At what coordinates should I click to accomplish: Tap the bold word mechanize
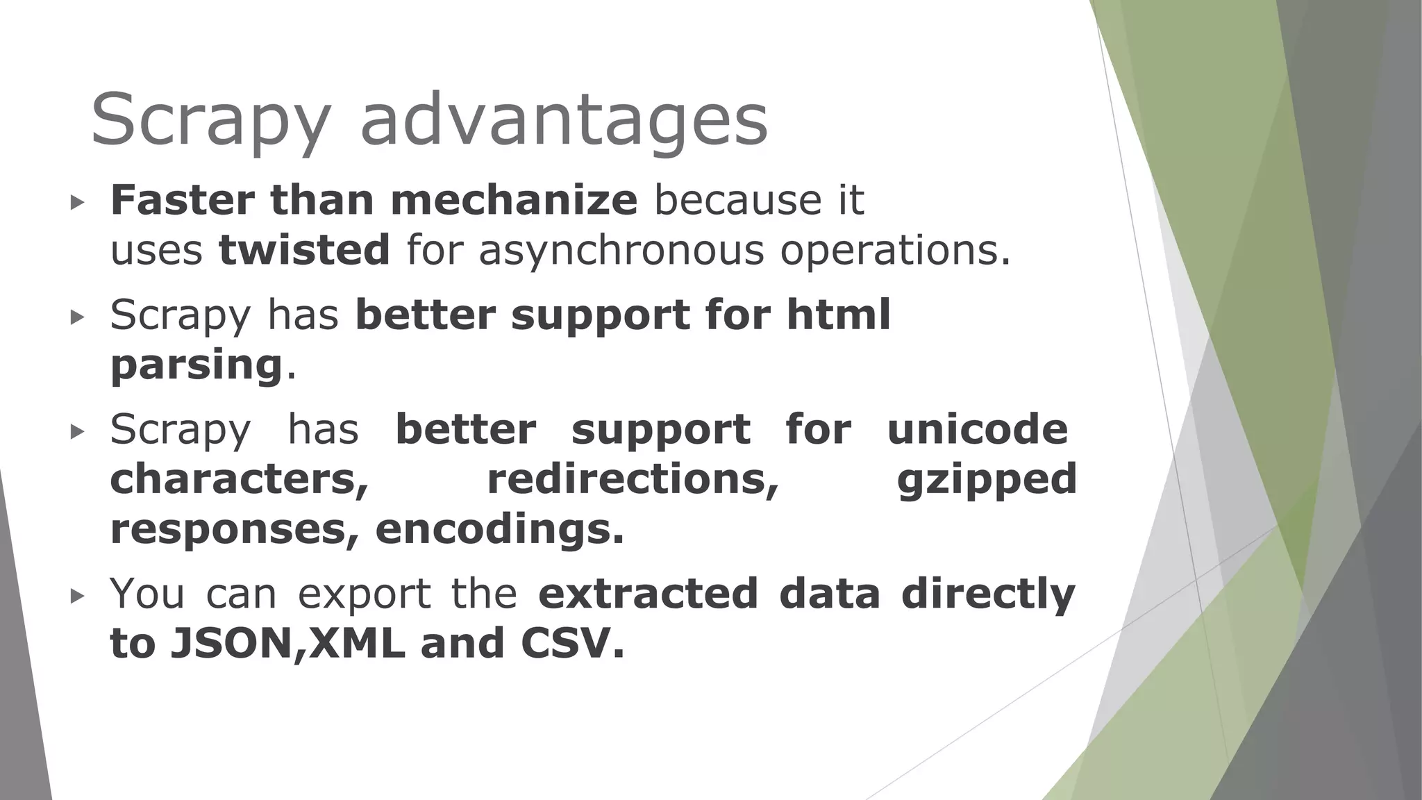click(514, 201)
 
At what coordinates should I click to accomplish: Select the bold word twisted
click(304, 250)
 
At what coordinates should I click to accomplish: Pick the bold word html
click(838, 315)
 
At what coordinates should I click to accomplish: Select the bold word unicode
click(978, 429)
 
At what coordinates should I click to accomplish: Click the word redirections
click(633, 479)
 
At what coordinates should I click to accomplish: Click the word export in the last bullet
click(365, 595)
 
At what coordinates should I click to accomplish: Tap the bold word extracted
click(648, 594)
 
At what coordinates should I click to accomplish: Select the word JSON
click(233, 643)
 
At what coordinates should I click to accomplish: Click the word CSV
click(567, 643)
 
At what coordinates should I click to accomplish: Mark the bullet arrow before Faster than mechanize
click(77, 203)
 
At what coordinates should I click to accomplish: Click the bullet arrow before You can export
click(77, 596)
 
